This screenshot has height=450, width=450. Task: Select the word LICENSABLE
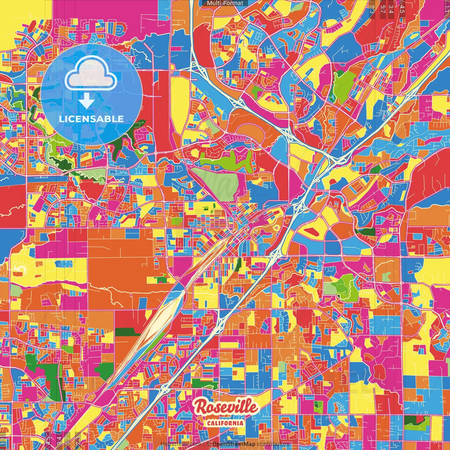(x=91, y=119)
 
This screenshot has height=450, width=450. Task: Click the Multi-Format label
(x=225, y=3)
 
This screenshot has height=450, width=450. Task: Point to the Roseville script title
(x=226, y=407)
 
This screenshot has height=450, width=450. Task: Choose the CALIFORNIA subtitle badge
(x=225, y=423)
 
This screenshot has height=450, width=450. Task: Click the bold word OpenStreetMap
(x=234, y=444)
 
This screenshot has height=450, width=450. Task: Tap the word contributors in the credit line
(x=273, y=444)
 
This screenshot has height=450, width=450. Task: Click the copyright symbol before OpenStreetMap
(x=208, y=444)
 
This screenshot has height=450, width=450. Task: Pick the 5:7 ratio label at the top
(x=383, y=9)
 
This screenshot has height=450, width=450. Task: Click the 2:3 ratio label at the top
(x=372, y=9)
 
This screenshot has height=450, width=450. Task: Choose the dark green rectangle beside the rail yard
(x=128, y=332)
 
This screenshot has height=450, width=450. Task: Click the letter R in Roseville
(x=202, y=407)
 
